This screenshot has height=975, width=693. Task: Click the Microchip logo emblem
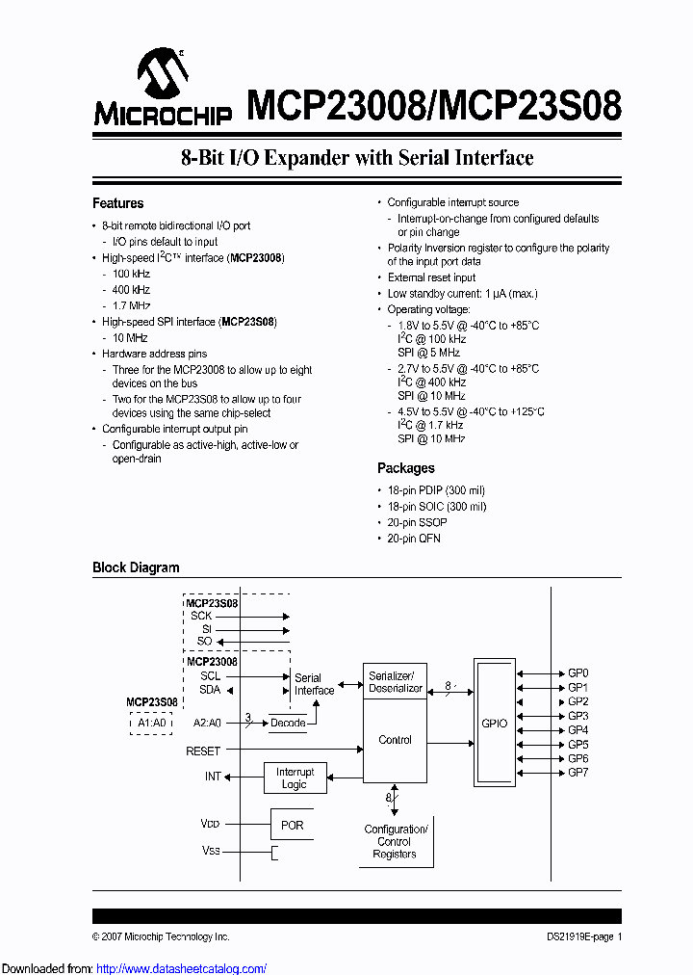point(163,74)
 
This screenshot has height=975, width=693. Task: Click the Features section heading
point(117,203)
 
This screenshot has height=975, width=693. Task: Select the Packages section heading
point(405,468)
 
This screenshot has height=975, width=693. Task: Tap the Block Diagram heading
point(136,567)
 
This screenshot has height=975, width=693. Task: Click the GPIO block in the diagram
point(494,722)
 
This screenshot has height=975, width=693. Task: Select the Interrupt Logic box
point(295,777)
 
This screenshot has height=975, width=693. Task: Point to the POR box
point(292,826)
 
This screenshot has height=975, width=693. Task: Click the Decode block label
point(288,723)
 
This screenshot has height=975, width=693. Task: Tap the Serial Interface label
point(314,684)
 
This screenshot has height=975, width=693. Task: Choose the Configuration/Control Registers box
point(395,841)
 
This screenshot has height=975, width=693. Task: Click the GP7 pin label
point(577,773)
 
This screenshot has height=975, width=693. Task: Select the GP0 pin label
point(577,673)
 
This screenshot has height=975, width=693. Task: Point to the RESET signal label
point(203,751)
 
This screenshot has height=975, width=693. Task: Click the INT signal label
point(213,777)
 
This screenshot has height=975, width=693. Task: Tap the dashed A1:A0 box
point(151,723)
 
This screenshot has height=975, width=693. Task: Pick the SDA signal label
point(210,690)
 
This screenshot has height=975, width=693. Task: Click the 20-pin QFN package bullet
point(414,539)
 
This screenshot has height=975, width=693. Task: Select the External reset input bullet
point(431,277)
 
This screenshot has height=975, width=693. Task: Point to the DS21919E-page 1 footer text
point(578,936)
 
